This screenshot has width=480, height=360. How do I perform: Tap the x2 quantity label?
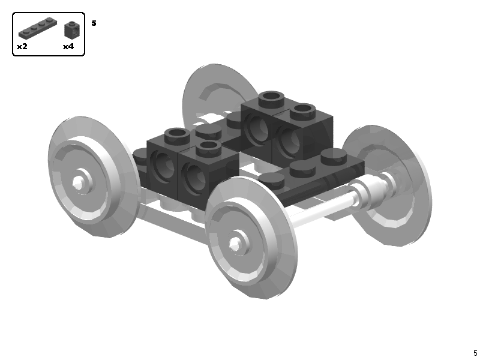[22, 46]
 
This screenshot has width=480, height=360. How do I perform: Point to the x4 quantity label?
[68, 46]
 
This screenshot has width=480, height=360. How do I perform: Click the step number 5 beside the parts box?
[94, 23]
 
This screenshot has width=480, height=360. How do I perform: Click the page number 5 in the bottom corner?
[475, 353]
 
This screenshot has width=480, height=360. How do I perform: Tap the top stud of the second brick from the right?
[271, 97]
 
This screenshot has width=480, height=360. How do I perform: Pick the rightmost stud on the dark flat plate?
[334, 158]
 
